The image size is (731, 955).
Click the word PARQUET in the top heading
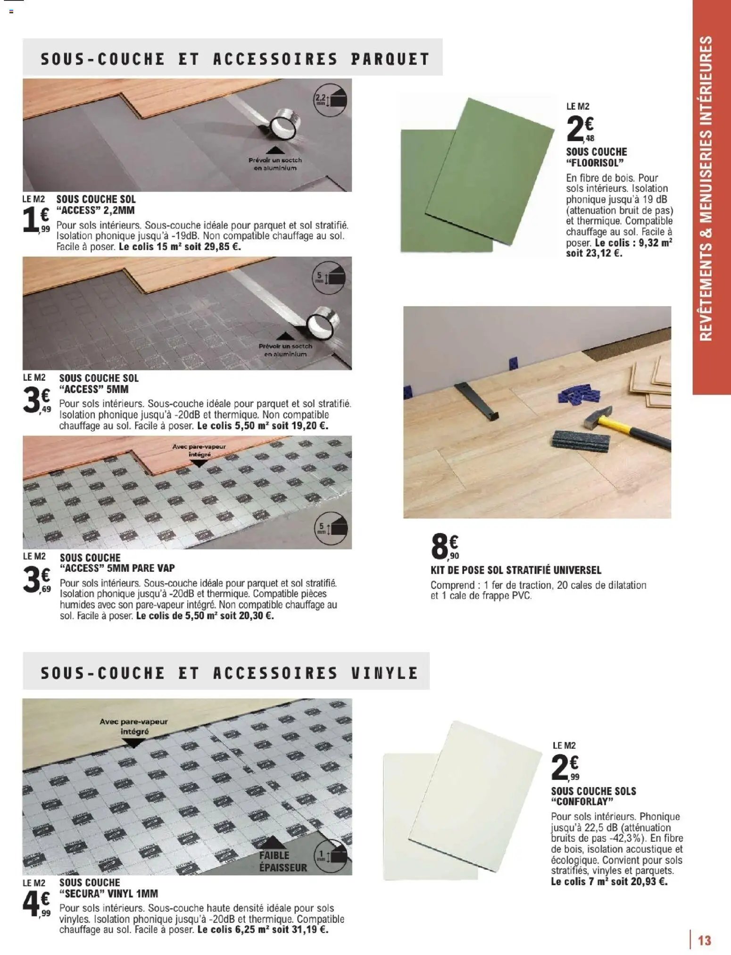(x=390, y=59)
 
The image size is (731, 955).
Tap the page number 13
(x=704, y=940)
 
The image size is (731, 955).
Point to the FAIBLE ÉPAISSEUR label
(x=282, y=861)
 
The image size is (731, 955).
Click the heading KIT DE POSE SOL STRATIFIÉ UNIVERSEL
(x=515, y=570)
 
